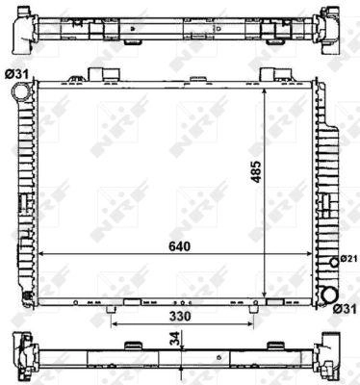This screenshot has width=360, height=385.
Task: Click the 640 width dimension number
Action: [x=180, y=246]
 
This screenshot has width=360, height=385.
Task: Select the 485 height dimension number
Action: [x=256, y=171]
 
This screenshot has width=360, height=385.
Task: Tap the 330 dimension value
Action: [x=180, y=317]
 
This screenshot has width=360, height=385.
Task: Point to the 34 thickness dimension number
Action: [x=175, y=339]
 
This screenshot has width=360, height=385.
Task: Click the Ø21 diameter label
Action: [x=347, y=259]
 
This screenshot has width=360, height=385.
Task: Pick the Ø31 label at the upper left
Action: [x=16, y=75]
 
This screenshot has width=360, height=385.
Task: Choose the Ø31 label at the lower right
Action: [x=345, y=309]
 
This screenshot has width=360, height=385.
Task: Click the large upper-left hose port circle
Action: [x=20, y=90]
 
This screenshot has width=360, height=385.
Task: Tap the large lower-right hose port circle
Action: [x=329, y=295]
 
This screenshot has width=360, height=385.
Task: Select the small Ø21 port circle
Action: [x=334, y=263]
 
